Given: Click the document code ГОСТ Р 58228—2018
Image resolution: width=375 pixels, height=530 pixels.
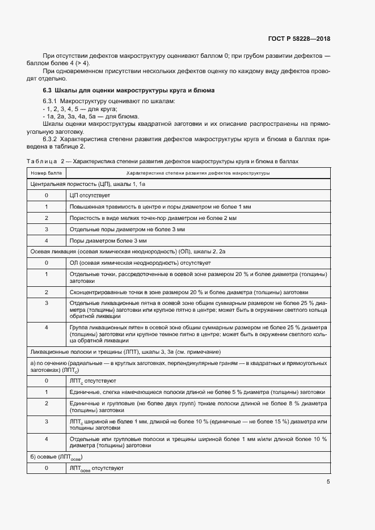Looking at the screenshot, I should (x=298, y=39).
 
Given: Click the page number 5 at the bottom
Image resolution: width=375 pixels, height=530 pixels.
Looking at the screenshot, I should (x=328, y=482).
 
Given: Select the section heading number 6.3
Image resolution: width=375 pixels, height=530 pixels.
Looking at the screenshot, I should (x=48, y=91).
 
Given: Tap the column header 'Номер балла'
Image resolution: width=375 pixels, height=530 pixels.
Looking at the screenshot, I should (x=46, y=173).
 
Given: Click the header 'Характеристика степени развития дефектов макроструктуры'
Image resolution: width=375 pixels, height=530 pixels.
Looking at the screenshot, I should (x=198, y=173).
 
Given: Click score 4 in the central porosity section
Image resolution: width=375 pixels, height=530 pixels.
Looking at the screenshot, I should (x=46, y=240).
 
